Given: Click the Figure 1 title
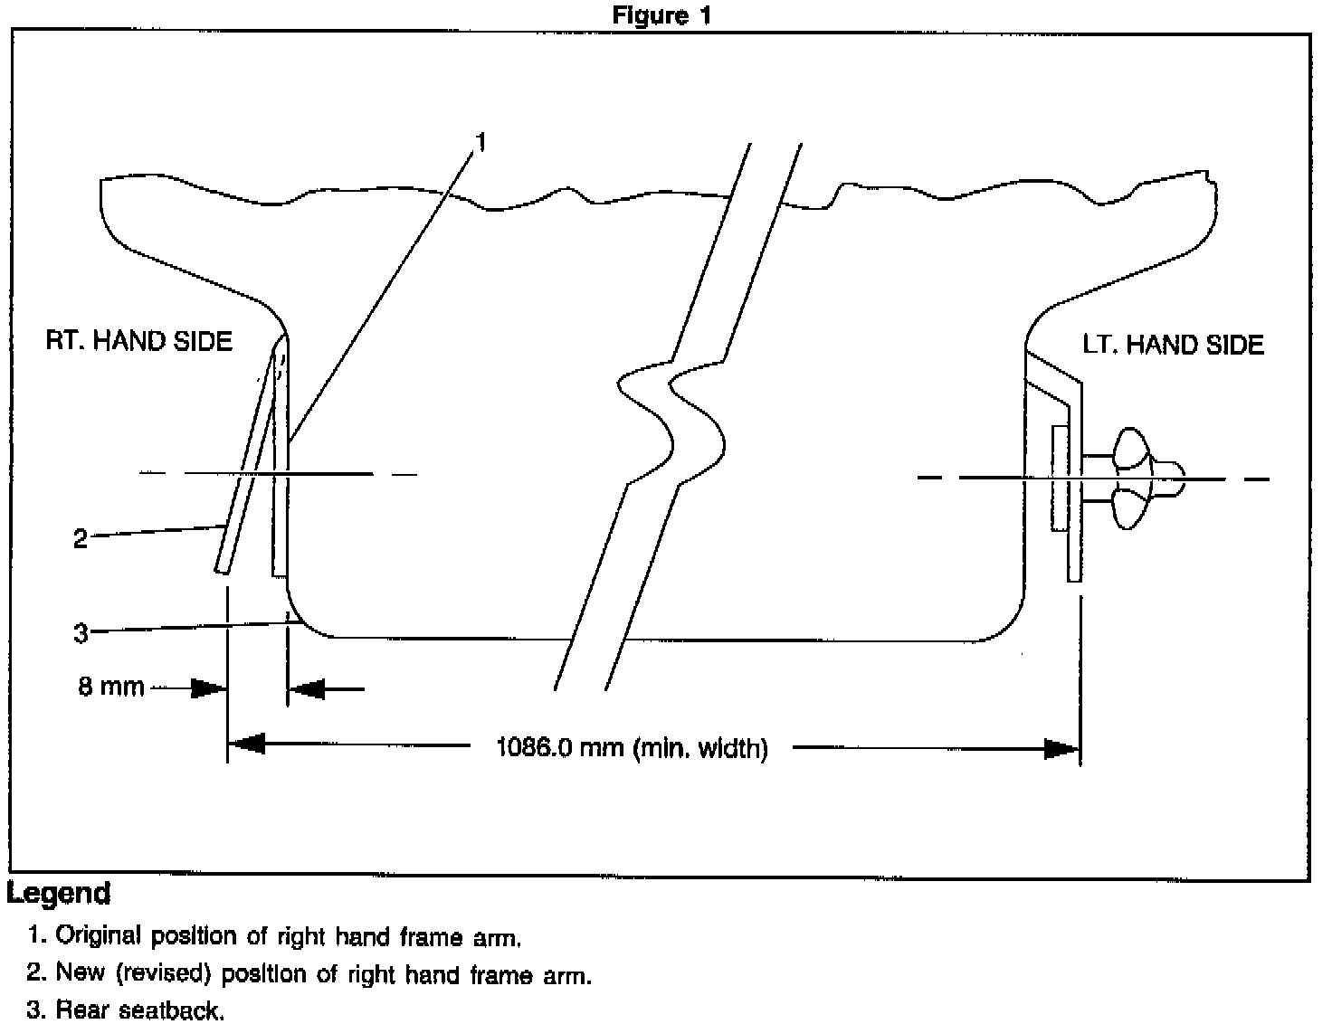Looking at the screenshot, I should [661, 15].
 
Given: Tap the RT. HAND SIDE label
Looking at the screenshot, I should [139, 341].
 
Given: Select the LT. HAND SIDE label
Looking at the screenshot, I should [1173, 345].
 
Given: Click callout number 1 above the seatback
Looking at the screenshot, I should [481, 142].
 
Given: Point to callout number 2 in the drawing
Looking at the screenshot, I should [81, 539].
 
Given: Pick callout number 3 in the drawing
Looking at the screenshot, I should [81, 633].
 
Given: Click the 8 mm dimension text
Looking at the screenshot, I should [110, 687].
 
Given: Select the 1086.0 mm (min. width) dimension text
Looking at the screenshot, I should [632, 749].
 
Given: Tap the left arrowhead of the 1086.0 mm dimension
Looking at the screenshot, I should [246, 745].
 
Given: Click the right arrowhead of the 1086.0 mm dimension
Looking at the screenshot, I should [1061, 749].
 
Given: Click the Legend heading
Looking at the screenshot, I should [59, 894].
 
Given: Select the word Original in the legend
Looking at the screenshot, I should [100, 936].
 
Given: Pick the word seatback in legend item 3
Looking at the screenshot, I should [172, 1010].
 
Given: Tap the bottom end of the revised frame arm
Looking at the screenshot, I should [221, 568].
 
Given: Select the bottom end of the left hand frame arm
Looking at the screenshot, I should [1074, 575].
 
